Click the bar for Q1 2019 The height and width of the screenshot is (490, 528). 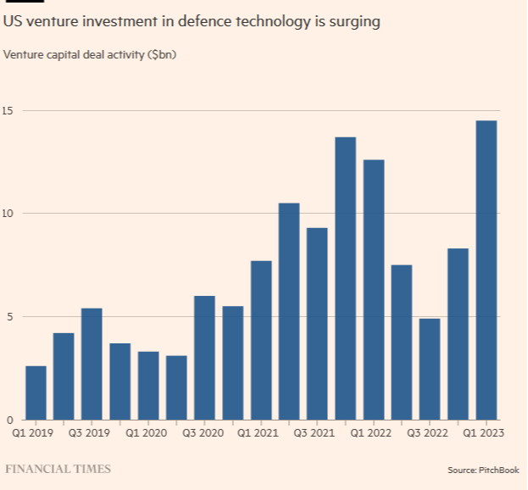pos(36,393)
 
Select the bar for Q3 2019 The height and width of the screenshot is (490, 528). pos(92,364)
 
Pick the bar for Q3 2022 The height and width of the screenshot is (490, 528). pos(430,369)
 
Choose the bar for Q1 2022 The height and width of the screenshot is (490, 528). pos(374,289)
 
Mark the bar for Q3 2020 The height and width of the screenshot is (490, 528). pos(204,357)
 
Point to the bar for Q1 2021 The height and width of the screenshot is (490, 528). pos(261,340)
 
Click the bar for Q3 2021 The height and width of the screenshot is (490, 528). pos(317,323)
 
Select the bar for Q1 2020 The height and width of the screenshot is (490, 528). pos(148,385)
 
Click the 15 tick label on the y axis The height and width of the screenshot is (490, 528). pos(9,111)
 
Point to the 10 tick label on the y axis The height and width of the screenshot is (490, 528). pos(9,214)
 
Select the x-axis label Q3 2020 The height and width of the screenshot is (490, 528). pos(204,433)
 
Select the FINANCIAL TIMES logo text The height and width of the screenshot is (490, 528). pos(58,469)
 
